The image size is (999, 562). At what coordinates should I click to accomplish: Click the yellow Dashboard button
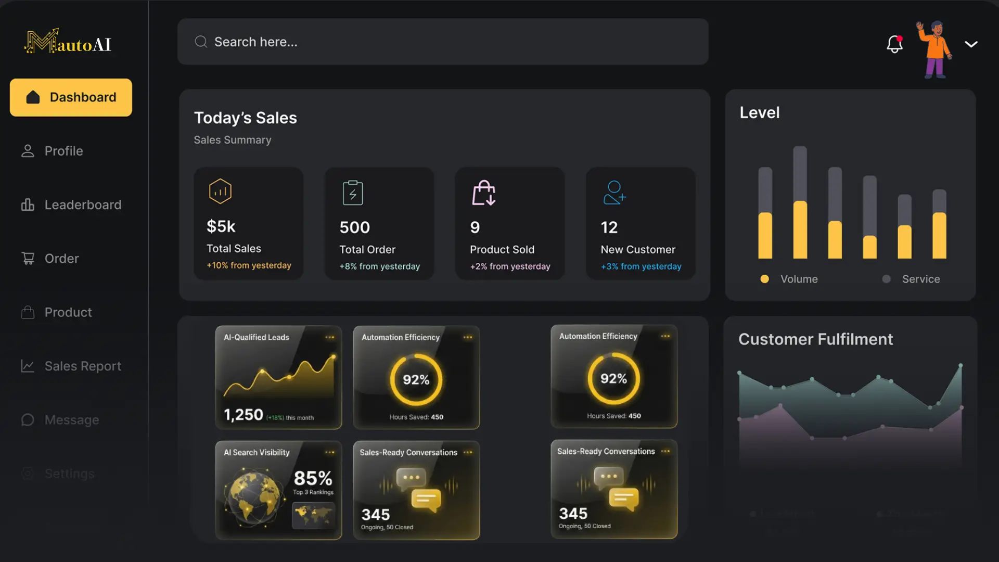[71, 97]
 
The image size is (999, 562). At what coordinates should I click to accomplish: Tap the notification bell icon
[894, 44]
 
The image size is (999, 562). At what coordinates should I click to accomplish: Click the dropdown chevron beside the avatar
[971, 44]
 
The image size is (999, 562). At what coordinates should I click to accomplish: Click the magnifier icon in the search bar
[201, 42]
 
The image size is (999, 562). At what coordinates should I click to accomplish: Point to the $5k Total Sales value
[221, 226]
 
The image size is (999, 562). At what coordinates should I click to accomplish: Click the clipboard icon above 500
[353, 193]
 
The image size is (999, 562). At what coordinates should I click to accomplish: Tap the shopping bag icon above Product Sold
[483, 193]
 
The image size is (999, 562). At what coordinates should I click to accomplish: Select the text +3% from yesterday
[641, 266]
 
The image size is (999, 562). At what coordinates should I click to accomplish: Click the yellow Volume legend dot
[764, 279]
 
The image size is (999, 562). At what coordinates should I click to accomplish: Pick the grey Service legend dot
[886, 279]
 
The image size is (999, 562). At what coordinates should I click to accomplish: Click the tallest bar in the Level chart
[800, 202]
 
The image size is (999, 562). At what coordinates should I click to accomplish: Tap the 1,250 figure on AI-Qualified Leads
[244, 415]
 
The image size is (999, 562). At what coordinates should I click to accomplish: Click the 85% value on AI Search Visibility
[313, 478]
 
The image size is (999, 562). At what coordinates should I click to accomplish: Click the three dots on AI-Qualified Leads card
[330, 337]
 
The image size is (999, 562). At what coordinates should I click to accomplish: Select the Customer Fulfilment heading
[815, 339]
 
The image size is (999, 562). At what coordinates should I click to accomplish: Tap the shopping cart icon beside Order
[28, 259]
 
